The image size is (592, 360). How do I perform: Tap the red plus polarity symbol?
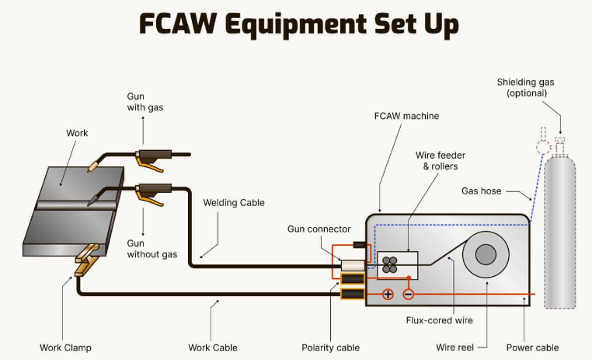click(387, 295)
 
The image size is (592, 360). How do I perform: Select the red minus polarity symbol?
click(408, 295)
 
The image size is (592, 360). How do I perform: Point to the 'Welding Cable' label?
click(234, 203)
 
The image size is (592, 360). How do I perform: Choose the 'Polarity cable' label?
click(330, 348)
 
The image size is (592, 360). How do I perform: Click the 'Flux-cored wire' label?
click(439, 320)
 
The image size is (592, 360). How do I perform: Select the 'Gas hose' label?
click(481, 190)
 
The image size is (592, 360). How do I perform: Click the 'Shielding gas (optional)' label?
click(526, 88)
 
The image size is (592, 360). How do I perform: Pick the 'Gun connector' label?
click(319, 229)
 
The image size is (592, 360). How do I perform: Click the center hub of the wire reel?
click(486, 254)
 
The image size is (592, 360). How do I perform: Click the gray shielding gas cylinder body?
click(559, 233)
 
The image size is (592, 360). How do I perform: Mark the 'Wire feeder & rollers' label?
click(441, 161)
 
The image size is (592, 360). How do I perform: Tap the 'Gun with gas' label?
click(145, 102)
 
